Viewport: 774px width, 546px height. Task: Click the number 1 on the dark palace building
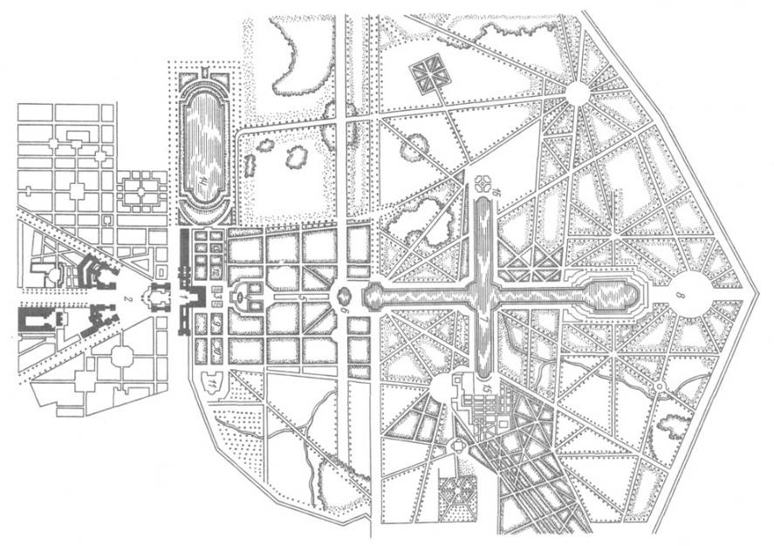(182, 297)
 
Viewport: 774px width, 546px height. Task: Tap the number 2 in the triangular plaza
(127, 299)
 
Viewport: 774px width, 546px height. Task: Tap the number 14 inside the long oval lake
(206, 181)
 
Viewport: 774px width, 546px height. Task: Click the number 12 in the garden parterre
(216, 272)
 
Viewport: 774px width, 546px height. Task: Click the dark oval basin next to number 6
(343, 296)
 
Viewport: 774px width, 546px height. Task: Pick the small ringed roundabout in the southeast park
(660, 386)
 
